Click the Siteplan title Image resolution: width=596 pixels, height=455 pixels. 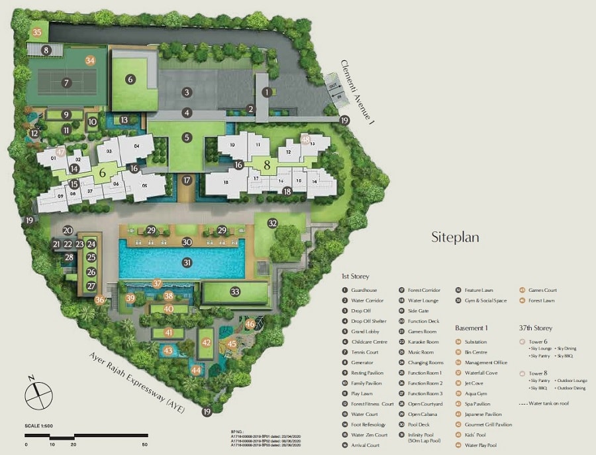tap(454, 236)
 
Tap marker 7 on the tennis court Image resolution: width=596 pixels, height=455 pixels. tap(66, 83)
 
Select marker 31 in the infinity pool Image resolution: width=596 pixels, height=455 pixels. tap(187, 263)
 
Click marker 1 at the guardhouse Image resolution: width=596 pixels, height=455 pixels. tap(267, 93)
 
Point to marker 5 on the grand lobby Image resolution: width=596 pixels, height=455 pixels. tap(187, 137)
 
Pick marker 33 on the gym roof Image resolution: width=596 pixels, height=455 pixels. tap(234, 291)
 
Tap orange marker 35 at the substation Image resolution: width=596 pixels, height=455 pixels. tap(37, 32)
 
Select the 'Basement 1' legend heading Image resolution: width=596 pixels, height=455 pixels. tap(471, 328)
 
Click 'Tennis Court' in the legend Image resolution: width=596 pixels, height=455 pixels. tap(365, 352)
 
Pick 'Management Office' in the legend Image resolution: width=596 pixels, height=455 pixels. tap(485, 362)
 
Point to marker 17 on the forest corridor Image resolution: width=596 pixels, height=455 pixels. tap(187, 180)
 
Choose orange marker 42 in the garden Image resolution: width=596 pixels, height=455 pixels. tap(207, 342)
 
